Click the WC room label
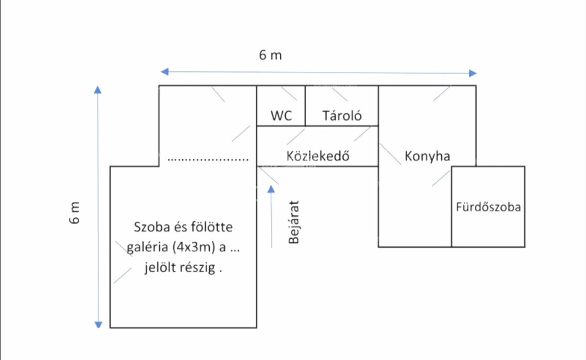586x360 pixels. pyautogui.click(x=281, y=115)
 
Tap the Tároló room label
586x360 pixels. pyautogui.click(x=342, y=115)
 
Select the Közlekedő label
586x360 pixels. pyautogui.click(x=318, y=156)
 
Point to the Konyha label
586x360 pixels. pyautogui.click(x=427, y=156)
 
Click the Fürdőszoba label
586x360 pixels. pyautogui.click(x=488, y=207)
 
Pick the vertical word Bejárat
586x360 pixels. pyautogui.click(x=294, y=222)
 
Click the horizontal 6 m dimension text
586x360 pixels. pyautogui.click(x=271, y=55)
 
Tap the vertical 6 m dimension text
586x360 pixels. pyautogui.click(x=75, y=213)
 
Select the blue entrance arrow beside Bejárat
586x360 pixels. pyautogui.click(x=272, y=215)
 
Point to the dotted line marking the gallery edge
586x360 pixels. pyautogui.click(x=208, y=160)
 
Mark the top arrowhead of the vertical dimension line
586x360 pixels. pyautogui.click(x=98, y=89)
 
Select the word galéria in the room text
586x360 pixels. pyautogui.click(x=146, y=248)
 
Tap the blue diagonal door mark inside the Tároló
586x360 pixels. pyautogui.click(x=339, y=94)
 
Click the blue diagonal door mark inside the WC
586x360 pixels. pyautogui.click(x=288, y=93)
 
